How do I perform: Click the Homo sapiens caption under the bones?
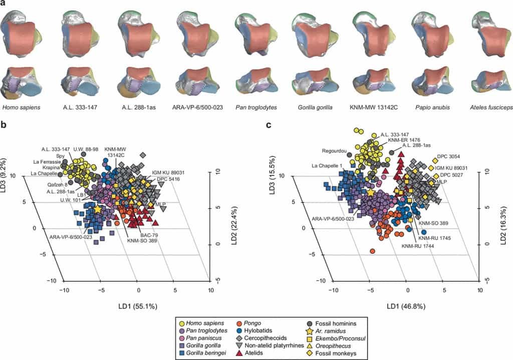coord(21,107)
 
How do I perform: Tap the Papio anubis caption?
coord(429,107)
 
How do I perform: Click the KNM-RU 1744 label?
coord(417,245)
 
